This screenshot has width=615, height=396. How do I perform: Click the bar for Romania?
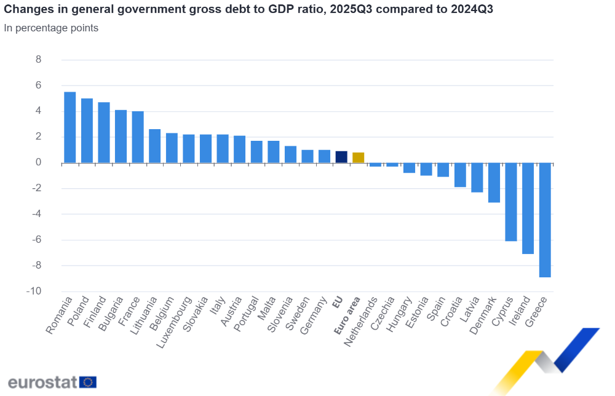[70, 127]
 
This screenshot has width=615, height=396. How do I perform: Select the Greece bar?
[545, 220]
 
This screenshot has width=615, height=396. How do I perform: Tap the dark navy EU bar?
[341, 157]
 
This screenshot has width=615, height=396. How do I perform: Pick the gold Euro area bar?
[358, 157]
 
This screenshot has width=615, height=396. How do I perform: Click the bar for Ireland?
[528, 208]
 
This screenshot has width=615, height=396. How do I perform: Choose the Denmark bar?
[494, 183]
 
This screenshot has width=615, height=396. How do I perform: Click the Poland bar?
[87, 130]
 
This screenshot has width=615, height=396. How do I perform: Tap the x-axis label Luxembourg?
[177, 322]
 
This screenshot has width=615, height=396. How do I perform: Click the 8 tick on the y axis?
[38, 60]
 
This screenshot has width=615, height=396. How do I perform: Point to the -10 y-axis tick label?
[34, 291]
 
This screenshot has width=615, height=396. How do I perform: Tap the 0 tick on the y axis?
[38, 162]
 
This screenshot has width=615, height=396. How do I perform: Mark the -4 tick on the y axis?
[36, 214]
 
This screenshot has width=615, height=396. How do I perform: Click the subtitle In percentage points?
[51, 28]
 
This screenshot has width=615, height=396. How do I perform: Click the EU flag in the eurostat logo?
[88, 382]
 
